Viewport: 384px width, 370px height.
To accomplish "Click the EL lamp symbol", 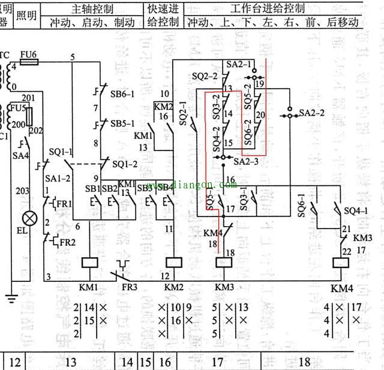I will pyautogui.click(x=26, y=217).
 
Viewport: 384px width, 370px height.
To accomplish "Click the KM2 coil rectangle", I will pyautogui.click(x=174, y=263).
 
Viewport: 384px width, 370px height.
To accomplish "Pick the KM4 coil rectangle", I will pyautogui.click(x=340, y=264).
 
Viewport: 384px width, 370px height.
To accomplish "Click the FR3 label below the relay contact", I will pyautogui.click(x=129, y=287).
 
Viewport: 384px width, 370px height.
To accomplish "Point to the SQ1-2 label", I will pyautogui.click(x=125, y=164).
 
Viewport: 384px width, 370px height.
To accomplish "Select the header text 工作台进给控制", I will pyautogui.click(x=267, y=9).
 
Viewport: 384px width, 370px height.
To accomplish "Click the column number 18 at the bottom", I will pyautogui.click(x=304, y=362).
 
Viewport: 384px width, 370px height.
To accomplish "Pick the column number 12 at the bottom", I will pyautogui.click(x=16, y=362).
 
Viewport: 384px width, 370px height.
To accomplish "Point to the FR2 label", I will pyautogui.click(x=66, y=243).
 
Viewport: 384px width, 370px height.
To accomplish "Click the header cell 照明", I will pyautogui.click(x=26, y=16).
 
